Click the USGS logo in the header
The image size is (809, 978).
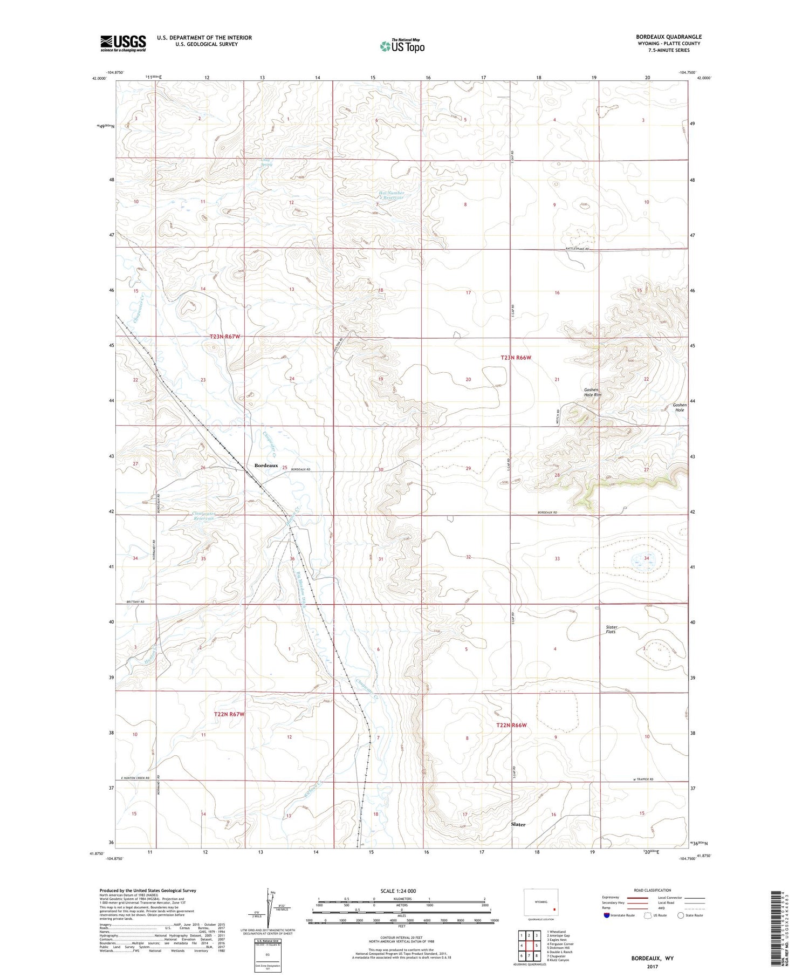click(123, 43)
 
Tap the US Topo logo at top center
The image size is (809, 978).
click(402, 46)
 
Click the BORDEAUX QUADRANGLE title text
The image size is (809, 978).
click(668, 37)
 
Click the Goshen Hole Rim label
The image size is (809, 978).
click(592, 392)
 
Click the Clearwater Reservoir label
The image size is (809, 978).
click(204, 516)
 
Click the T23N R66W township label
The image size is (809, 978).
click(520, 358)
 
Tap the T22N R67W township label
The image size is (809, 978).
click(229, 714)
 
